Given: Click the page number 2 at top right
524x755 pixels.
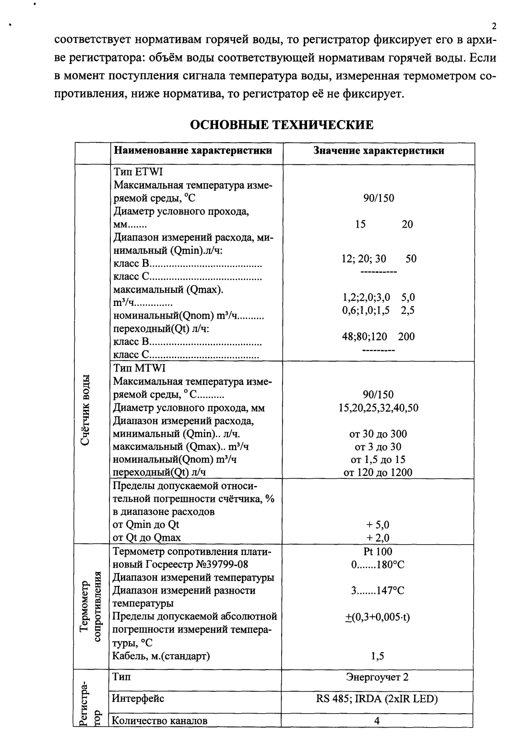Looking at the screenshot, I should tap(494, 26).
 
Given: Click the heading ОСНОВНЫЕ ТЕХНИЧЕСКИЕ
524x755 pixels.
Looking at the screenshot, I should tap(282, 125).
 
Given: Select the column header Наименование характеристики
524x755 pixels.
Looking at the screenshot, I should tap(193, 151).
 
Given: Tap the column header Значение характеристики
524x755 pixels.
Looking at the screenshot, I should tap(378, 151).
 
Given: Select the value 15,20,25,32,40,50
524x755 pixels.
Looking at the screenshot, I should tap(378, 408).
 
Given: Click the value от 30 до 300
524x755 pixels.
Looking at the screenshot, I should tap(378, 434).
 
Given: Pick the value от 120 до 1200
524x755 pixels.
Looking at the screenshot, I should tap(378, 473).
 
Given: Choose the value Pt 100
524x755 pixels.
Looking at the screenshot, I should tap(378, 552).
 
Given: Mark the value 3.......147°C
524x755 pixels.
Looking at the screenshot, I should tap(378, 591).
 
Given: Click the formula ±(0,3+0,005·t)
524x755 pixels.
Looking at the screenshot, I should tap(378, 617).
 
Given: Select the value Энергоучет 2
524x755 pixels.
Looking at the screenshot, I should tap(378, 678).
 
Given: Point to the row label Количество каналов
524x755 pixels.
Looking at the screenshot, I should tap(160, 721).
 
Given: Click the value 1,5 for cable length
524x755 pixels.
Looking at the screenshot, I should tap(378, 656).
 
